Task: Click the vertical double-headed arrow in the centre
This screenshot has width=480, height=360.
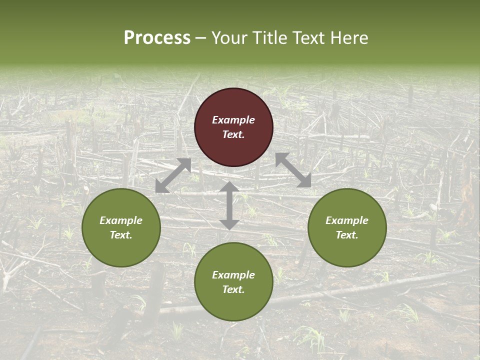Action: tap(229, 205)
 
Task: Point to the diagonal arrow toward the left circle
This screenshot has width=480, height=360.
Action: tap(173, 175)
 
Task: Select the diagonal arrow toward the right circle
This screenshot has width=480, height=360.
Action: tap(293, 170)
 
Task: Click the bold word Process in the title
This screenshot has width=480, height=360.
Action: tap(157, 38)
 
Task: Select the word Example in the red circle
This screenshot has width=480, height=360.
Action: tap(233, 120)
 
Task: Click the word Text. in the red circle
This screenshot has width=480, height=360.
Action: tap(233, 134)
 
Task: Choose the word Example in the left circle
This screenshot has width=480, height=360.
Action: tap(121, 220)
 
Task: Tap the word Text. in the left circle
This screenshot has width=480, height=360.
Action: tap(121, 235)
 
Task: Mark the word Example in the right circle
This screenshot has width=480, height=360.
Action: tap(347, 220)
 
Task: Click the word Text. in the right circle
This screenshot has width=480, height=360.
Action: tap(347, 235)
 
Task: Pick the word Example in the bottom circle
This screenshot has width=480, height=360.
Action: tap(233, 275)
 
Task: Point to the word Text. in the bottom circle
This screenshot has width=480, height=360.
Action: tap(233, 289)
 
